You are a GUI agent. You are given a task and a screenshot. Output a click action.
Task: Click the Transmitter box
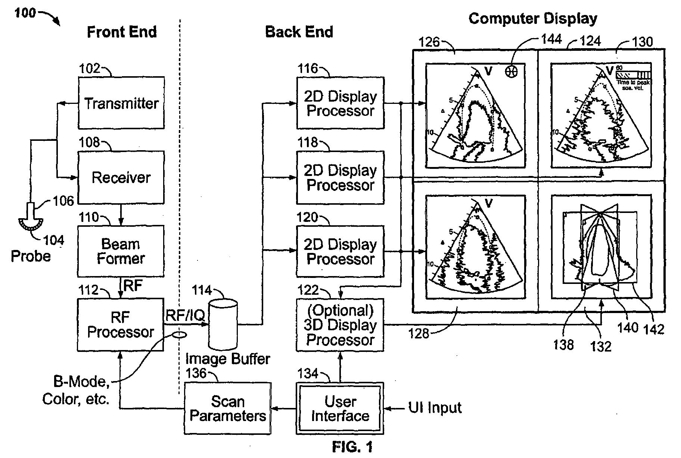click(121, 103)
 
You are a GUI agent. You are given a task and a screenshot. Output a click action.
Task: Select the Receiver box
click(121, 177)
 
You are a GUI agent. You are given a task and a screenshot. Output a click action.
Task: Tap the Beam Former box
click(121, 251)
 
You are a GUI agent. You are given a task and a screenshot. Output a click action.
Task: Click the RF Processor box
click(120, 325)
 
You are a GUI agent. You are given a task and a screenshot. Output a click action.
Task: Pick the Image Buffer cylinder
click(223, 325)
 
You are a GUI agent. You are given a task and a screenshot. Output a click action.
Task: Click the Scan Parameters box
click(227, 408)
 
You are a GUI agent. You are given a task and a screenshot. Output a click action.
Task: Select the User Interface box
click(340, 408)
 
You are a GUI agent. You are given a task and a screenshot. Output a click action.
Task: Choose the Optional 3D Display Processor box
click(340, 325)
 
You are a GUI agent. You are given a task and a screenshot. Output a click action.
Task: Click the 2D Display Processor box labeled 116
click(340, 103)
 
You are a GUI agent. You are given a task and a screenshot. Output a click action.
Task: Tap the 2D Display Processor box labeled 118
click(340, 177)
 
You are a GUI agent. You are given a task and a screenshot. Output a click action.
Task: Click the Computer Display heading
click(532, 18)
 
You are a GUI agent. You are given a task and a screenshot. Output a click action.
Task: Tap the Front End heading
click(122, 32)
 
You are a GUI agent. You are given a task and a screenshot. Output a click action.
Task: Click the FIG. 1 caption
click(352, 447)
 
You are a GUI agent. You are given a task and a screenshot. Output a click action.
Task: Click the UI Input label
click(435, 408)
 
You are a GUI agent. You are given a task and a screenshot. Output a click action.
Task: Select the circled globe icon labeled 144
click(511, 71)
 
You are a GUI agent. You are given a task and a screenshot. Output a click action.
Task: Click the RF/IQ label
click(185, 315)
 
